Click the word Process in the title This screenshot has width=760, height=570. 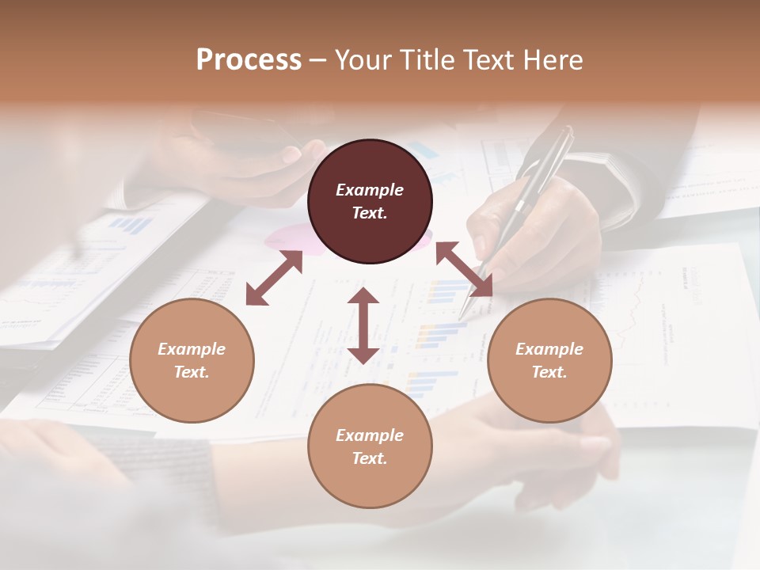click(x=249, y=60)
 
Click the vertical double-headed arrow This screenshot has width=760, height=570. click(x=363, y=325)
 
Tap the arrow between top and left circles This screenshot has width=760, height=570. click(x=274, y=278)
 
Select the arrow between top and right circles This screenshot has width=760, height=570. click(x=464, y=269)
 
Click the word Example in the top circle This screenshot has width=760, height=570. click(x=370, y=190)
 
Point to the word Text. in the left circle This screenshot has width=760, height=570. click(x=192, y=372)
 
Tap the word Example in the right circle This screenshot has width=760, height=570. click(x=549, y=349)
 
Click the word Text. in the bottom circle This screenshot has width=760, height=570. click(x=370, y=458)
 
